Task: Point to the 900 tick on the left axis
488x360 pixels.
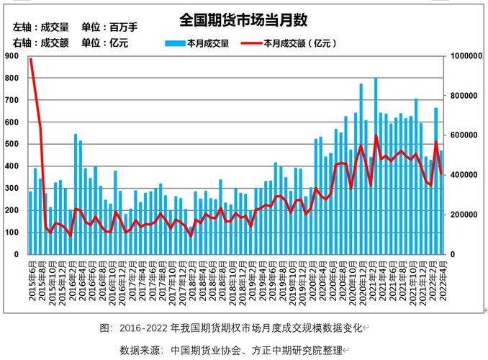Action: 12,56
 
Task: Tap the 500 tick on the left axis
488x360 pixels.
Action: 12,145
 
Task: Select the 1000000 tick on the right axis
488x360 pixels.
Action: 466,56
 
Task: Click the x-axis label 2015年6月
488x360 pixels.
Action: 30,277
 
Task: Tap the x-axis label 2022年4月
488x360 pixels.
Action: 441,277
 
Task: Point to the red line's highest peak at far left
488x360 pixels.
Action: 31,59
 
